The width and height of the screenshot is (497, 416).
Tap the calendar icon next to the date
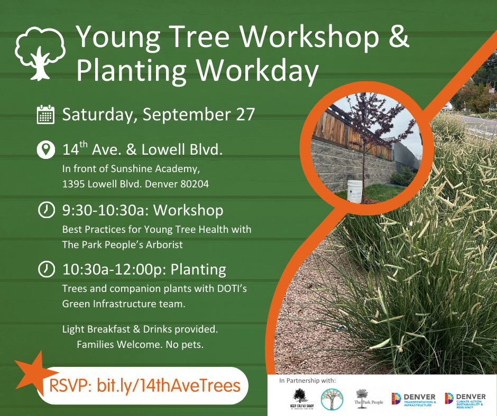point(45,115)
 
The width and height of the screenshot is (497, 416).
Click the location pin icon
point(46,149)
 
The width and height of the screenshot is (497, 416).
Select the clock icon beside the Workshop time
point(46,210)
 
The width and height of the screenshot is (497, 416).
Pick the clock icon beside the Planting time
point(46,270)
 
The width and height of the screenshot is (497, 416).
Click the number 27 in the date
point(245,115)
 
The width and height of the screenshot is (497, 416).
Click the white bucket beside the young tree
point(355,191)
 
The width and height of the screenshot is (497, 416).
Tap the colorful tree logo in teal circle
point(332,399)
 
